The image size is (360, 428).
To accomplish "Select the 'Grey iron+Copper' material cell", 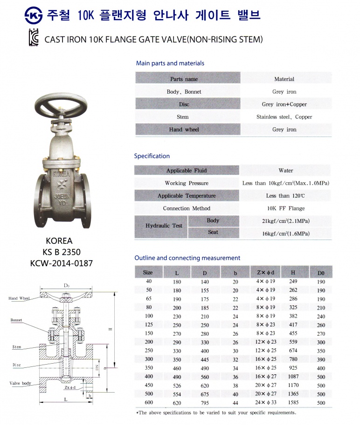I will (x=284, y=104).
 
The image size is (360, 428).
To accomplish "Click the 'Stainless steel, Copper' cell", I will (x=284, y=117).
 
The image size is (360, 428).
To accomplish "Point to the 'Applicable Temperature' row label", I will (x=187, y=196).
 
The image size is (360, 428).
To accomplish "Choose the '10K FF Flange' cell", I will (x=284, y=208).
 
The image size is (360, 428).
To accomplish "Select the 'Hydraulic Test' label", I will (x=164, y=226).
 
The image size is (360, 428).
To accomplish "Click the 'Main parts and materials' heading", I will (x=170, y=63).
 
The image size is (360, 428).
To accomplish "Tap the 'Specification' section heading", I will (x=152, y=156).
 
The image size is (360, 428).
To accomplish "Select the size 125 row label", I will (x=148, y=325).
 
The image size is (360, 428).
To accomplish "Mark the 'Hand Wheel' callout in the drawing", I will (x=19, y=298).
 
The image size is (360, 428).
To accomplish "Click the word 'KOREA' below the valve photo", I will (x=59, y=241).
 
